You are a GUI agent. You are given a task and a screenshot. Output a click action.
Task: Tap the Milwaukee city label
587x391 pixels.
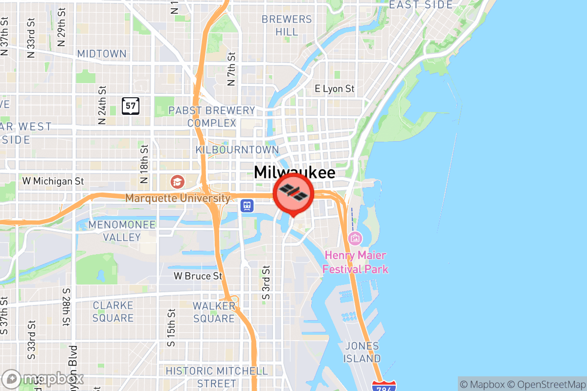294,173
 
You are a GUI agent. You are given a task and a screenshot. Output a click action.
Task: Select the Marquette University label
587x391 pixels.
178,198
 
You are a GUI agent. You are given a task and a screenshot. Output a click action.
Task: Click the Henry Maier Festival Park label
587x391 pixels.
355,262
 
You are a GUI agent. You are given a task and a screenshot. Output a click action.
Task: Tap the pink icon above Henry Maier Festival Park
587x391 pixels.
355,239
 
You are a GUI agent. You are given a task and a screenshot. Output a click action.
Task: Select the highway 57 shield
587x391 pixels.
131,106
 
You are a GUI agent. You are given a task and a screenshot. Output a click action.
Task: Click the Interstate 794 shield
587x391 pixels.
384,386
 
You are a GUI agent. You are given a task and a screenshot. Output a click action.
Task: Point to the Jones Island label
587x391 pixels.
362,352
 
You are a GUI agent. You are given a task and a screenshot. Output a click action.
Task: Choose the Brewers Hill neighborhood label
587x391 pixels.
287,25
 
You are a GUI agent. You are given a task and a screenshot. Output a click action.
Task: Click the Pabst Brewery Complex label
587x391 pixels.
211,117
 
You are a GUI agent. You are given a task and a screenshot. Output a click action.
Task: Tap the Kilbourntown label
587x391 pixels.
237,150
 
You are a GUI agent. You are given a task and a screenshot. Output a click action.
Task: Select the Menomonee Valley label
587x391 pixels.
122,231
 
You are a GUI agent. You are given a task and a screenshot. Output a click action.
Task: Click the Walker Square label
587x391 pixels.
214,312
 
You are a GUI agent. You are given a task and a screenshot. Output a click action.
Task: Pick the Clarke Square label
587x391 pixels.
113,312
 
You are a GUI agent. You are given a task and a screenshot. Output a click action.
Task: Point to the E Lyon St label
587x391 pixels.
334,89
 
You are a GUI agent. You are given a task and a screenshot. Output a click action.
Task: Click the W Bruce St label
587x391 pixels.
198,276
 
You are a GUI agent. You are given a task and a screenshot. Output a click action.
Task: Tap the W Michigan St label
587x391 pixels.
53,181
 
